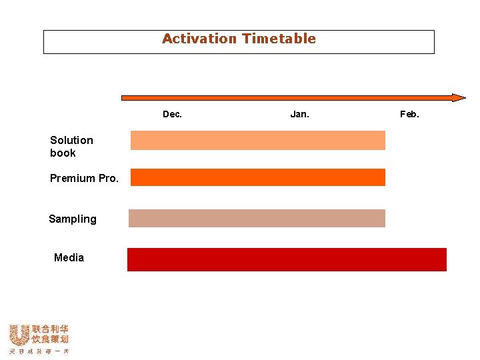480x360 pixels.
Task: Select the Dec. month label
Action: pos(172,114)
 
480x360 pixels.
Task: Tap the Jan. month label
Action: pos(299,114)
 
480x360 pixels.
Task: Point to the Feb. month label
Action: pos(409,114)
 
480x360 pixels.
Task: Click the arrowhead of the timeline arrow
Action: pos(459,97)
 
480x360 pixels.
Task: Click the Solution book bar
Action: pos(257,140)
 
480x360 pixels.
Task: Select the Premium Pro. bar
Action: pos(257,177)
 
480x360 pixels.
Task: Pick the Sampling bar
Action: pos(257,218)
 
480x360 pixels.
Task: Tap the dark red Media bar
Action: pos(287,259)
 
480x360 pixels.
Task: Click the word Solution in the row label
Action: pos(71,140)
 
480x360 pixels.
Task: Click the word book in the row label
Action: pos(63,153)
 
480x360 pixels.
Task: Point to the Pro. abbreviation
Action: pos(108,178)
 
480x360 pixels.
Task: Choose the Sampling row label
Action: pos(72,219)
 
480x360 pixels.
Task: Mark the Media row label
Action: pos(69,257)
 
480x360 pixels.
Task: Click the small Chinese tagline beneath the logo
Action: pos(38,351)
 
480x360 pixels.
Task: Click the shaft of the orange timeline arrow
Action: pos(287,97)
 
